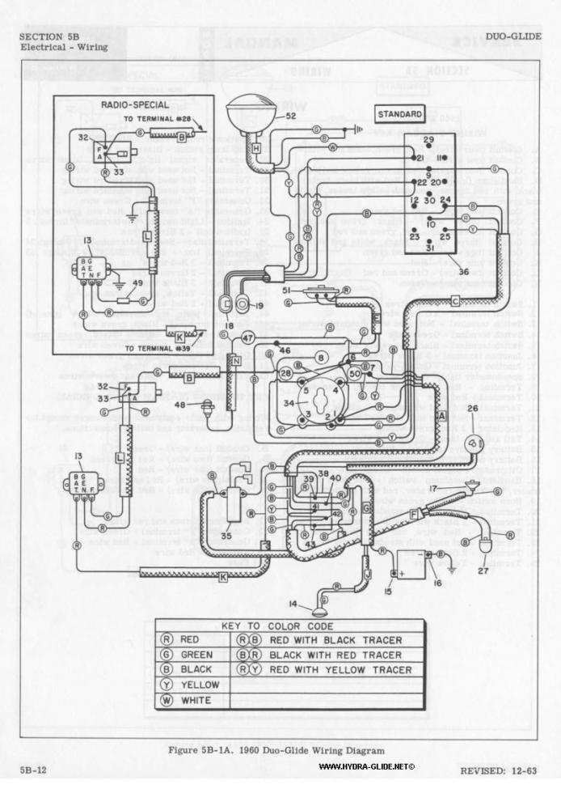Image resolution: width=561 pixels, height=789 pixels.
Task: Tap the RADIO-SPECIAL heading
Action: click(x=135, y=104)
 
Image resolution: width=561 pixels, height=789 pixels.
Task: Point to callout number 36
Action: click(x=463, y=272)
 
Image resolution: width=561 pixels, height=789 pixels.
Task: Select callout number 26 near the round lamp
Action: click(x=473, y=409)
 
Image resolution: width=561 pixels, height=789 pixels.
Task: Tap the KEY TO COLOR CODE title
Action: click(x=289, y=626)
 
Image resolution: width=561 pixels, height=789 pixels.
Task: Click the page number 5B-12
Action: click(x=35, y=770)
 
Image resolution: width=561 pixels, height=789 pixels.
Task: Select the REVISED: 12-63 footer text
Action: click(x=497, y=770)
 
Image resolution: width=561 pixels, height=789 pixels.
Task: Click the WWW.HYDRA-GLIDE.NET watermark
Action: click(x=366, y=766)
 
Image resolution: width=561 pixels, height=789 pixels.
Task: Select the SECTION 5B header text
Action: click(x=49, y=37)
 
